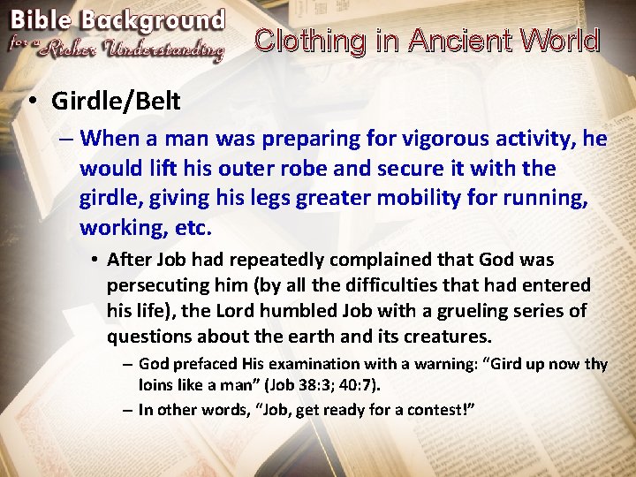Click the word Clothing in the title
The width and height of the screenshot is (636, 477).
point(308,41)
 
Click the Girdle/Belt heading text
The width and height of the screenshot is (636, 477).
point(115,101)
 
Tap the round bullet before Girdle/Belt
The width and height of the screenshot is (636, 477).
point(32,102)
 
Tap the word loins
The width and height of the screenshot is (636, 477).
point(156,385)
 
